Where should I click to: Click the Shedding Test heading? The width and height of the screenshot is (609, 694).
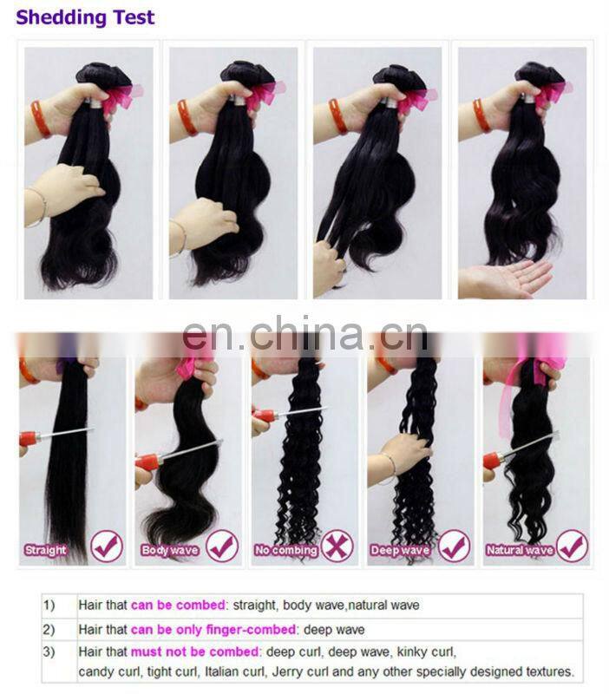85,17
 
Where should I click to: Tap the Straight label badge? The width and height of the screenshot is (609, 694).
45,549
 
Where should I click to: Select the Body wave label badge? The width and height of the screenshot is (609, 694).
170,549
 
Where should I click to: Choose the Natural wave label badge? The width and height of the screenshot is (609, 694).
519,549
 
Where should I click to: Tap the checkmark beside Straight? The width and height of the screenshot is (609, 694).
107,547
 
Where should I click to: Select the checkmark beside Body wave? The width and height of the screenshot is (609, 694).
222,547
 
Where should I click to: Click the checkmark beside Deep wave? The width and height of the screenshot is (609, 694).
454,547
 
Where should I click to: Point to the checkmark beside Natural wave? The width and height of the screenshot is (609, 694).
572,547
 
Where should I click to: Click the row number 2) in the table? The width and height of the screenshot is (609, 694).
50,629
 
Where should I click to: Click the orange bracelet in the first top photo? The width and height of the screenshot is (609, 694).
40,118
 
